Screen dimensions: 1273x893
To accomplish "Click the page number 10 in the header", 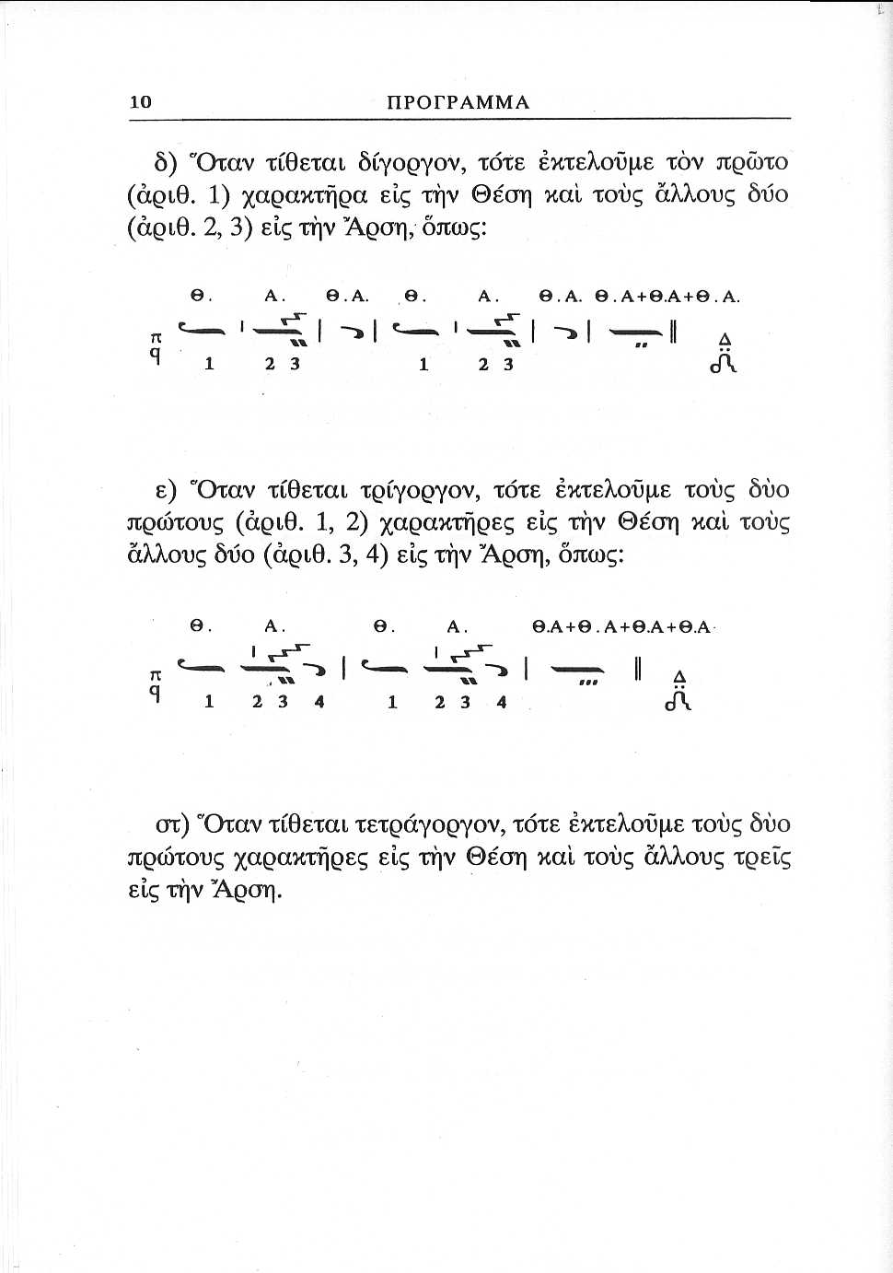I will (x=140, y=101).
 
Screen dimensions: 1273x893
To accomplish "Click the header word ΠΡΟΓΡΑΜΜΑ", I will (x=458, y=102).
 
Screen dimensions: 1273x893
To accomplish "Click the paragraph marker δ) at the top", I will (x=165, y=163).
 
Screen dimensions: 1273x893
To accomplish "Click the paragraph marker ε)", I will (x=167, y=490).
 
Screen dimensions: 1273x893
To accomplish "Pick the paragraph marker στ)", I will (x=172, y=823).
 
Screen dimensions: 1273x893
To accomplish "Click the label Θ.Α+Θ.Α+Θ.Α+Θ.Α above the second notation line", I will (x=621, y=627).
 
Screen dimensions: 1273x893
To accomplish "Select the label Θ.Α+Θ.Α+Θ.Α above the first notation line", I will (x=667, y=297).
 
